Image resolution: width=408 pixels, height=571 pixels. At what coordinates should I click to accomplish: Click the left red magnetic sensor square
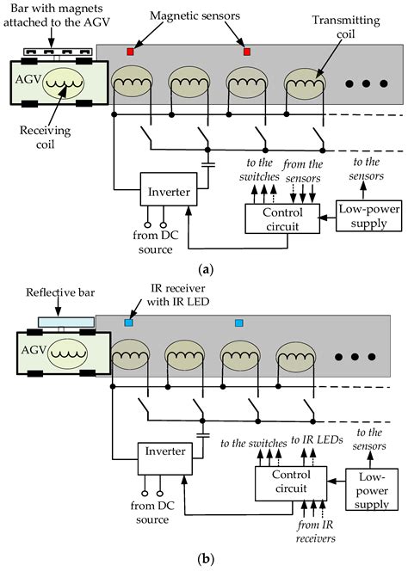pos(131,52)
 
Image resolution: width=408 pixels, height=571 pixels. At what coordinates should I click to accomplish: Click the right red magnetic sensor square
pos(247,52)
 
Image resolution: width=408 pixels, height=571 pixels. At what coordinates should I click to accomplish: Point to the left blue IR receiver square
pos(127,323)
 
